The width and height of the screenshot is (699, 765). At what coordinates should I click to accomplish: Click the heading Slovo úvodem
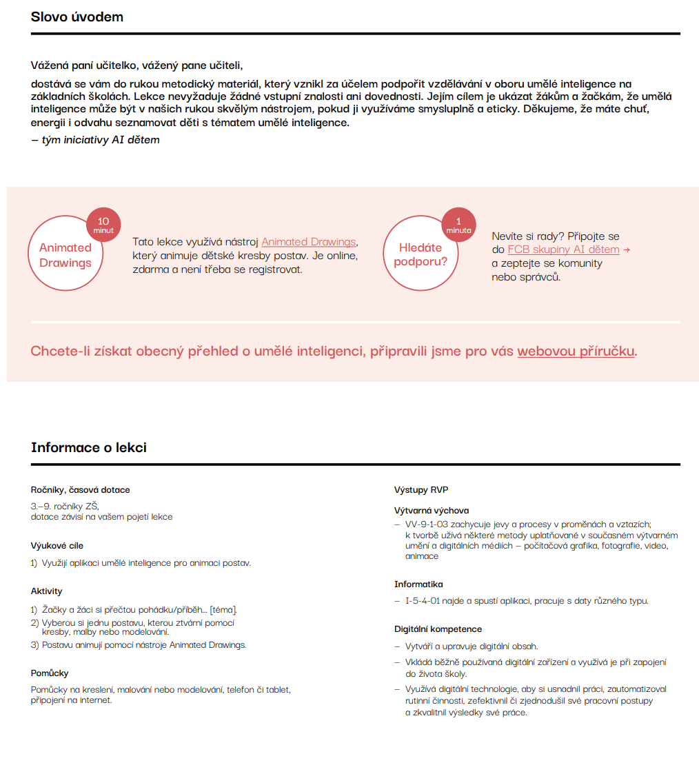point(77,17)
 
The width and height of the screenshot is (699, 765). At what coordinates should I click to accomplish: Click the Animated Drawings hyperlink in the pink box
point(308,242)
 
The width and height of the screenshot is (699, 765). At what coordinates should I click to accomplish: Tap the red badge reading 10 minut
point(103,225)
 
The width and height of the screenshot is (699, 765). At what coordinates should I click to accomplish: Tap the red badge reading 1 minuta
point(458,225)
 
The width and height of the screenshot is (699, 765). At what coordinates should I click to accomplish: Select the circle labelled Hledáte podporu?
point(420,254)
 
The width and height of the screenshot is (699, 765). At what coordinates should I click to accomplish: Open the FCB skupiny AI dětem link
point(563,249)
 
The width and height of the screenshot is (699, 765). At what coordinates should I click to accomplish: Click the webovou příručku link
point(576,351)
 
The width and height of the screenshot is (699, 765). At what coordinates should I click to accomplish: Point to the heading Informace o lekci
point(89,447)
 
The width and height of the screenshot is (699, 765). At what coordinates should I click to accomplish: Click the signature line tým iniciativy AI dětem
point(95,140)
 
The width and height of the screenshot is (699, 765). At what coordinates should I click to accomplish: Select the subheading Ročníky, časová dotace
point(81,490)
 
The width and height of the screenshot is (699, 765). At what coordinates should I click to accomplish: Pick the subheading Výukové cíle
point(57,546)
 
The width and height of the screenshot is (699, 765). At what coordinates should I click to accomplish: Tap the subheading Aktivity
point(47,591)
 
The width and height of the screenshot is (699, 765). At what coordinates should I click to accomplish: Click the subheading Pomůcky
point(50,673)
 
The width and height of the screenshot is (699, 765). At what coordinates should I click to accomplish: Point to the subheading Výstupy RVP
point(421,490)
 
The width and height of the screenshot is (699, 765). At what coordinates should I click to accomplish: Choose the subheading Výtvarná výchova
point(432,511)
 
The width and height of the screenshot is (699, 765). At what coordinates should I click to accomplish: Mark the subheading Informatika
point(418,584)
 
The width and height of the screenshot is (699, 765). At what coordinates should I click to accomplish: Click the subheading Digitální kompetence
point(438,629)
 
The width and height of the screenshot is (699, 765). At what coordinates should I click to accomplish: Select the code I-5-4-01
point(422,601)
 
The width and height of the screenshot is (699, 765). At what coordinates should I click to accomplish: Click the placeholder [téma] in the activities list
point(223,610)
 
